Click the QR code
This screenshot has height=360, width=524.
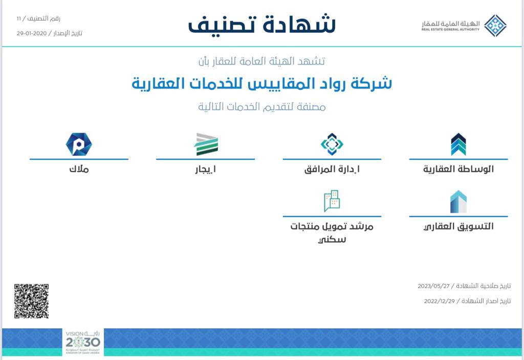tap(31, 301)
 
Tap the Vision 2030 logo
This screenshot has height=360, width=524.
tap(83, 342)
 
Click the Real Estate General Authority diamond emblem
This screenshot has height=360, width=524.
tap(495, 26)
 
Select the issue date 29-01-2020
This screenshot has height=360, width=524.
tap(32, 33)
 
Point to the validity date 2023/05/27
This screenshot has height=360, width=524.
tap(433, 286)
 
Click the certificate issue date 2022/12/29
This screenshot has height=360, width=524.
tap(440, 301)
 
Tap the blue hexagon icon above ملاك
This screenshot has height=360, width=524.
tap(79, 144)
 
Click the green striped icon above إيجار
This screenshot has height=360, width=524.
tap(206, 144)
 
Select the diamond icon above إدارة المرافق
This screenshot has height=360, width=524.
tap(332, 144)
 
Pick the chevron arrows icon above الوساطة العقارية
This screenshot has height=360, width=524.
tap(458, 144)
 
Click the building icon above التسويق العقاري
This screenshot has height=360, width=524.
tap(458, 202)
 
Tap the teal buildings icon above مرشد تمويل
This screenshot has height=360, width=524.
tap(332, 201)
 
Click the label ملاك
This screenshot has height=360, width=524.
tap(79, 169)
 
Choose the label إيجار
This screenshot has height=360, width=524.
tap(206, 170)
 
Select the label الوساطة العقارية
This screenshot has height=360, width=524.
tap(458, 169)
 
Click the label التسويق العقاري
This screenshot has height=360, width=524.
tap(458, 226)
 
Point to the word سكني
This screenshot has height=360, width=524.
tap(332, 240)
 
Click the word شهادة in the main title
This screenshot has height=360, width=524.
tap(299, 24)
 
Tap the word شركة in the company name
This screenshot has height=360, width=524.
tap(371, 83)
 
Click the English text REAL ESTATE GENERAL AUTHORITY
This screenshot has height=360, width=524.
tap(450, 29)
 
